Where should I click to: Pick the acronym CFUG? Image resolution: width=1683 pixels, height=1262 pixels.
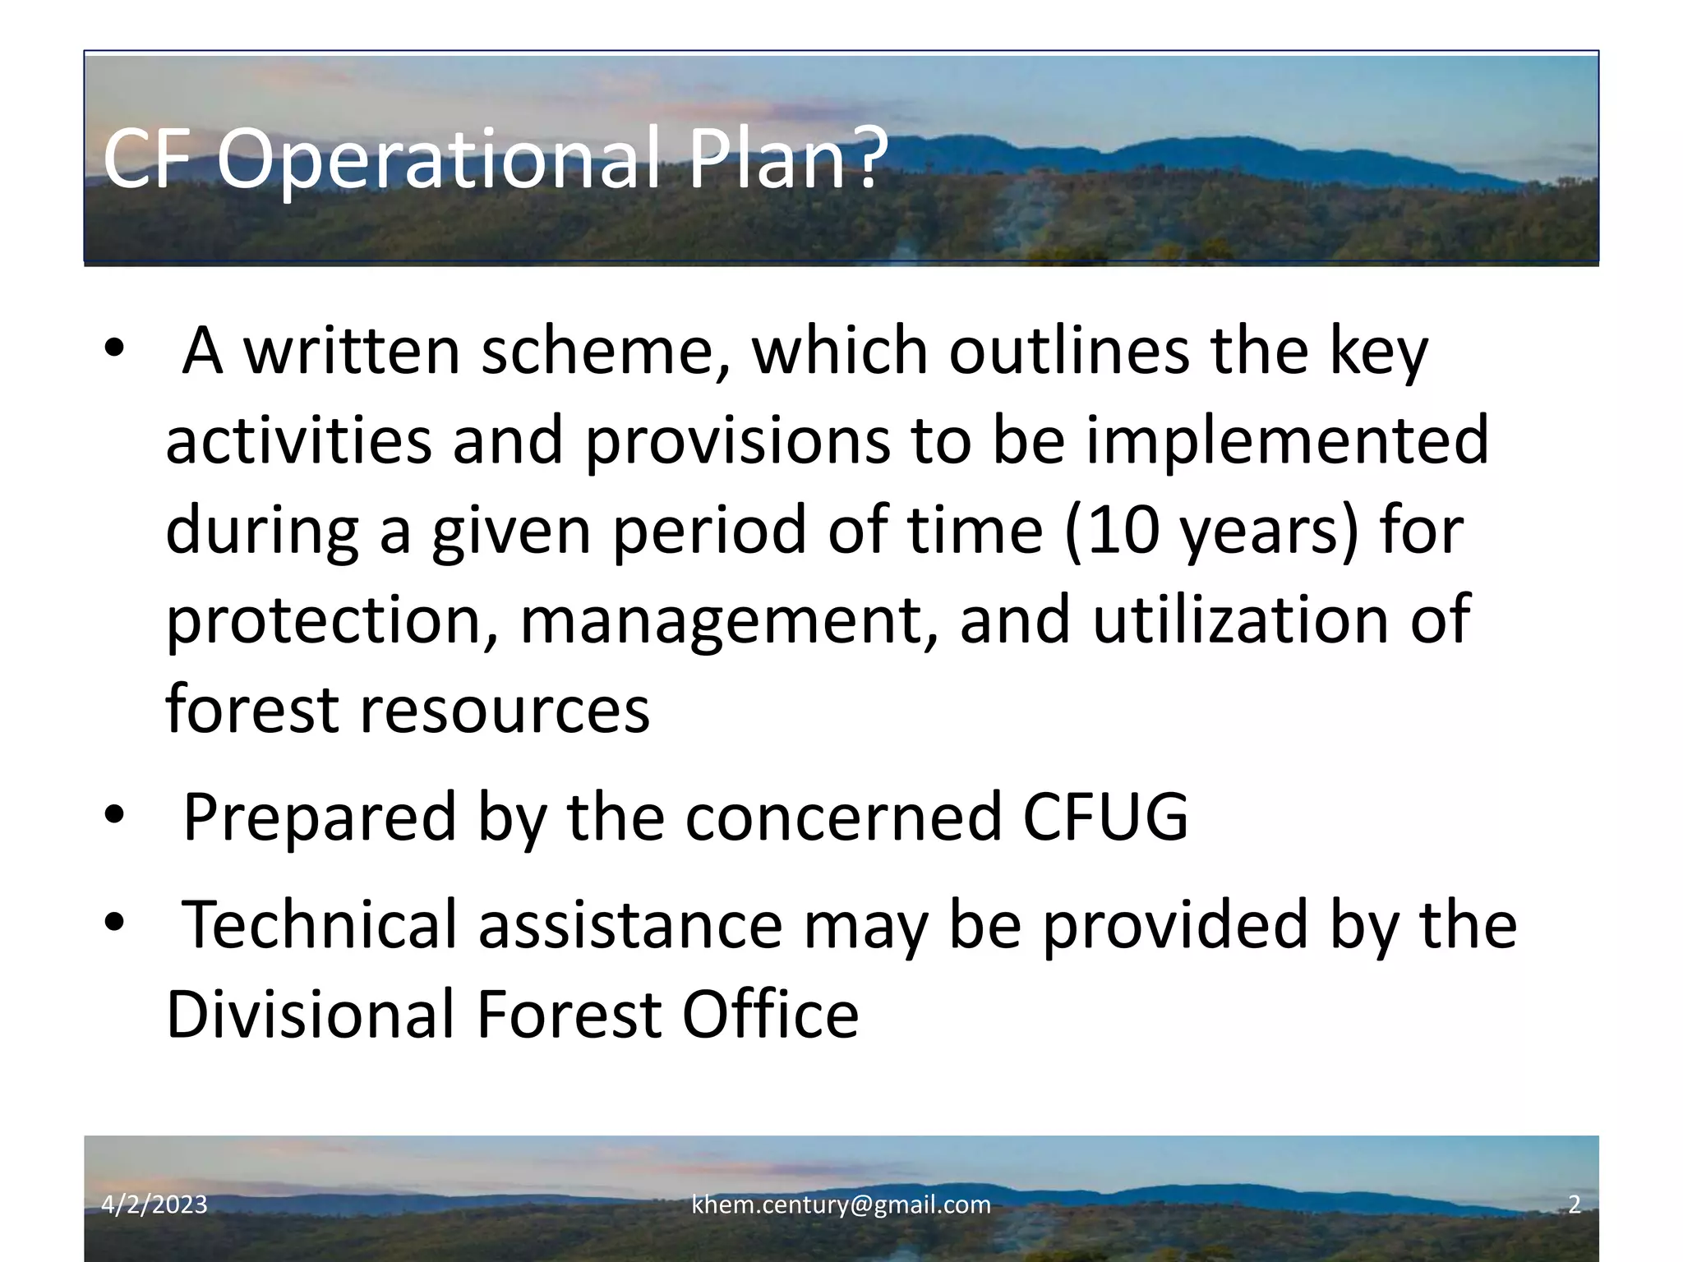(1104, 817)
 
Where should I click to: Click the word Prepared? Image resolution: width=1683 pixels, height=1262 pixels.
(319, 817)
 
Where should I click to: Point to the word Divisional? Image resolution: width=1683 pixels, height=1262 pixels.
(311, 1015)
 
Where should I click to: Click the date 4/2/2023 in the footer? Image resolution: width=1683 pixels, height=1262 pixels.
(154, 1205)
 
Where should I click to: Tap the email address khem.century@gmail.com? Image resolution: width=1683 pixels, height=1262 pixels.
(841, 1205)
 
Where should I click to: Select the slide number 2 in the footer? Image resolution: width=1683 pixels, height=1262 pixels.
(1574, 1205)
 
